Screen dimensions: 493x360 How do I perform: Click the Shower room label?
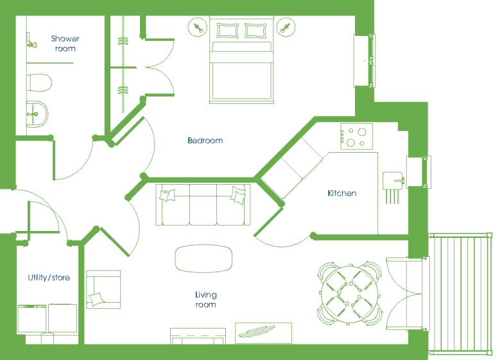[x=65, y=44]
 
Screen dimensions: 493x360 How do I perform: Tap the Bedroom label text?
[x=205, y=141]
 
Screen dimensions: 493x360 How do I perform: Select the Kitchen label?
[x=342, y=193]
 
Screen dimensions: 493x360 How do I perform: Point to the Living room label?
[x=205, y=299]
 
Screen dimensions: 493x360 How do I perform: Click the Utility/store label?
[x=49, y=277]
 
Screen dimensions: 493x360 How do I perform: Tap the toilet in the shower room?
[x=39, y=83]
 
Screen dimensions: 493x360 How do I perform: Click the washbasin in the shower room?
[x=37, y=114]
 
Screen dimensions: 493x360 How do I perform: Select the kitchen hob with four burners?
[x=356, y=137]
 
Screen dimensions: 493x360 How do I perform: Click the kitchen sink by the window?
[x=393, y=181]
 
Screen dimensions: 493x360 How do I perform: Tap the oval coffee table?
[x=203, y=259]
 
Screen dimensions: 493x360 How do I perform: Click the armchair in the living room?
[x=103, y=289]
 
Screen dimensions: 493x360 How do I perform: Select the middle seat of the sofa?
[x=203, y=205]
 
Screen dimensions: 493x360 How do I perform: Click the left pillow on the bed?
[x=227, y=31]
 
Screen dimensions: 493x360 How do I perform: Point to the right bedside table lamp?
[x=286, y=28]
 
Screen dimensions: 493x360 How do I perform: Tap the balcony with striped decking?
[x=460, y=294]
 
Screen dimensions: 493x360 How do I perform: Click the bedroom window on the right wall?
[x=365, y=60]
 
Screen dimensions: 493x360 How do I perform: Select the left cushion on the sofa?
[x=168, y=195]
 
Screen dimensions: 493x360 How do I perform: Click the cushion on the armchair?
[x=96, y=298]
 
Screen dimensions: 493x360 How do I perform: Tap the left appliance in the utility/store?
[x=32, y=318]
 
